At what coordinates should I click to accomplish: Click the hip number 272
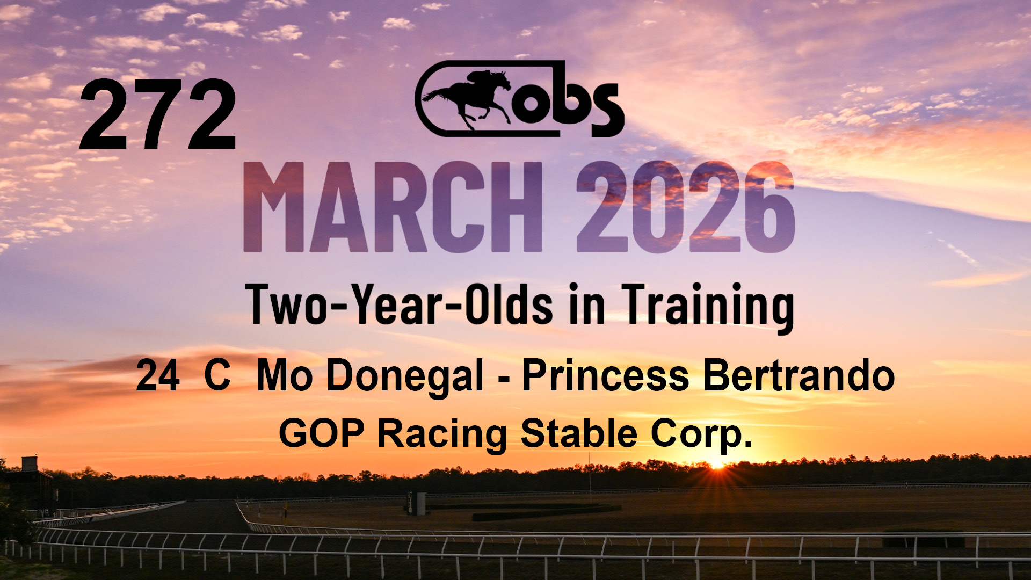[158, 114]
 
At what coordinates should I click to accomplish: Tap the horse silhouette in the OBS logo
[467, 98]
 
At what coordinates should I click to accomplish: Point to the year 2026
[686, 207]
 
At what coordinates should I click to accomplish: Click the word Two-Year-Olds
[399, 305]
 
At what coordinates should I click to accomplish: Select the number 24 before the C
[157, 376]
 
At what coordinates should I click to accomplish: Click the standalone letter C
[217, 376]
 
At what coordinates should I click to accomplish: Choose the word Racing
[442, 435]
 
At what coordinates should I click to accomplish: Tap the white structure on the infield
[417, 503]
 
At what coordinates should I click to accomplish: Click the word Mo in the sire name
[285, 376]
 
